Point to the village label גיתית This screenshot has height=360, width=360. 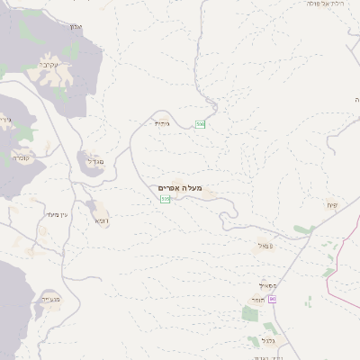[161, 123]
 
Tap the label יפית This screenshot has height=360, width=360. [331, 206]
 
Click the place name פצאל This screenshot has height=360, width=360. [264, 245]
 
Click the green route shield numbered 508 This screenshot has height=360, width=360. [201, 123]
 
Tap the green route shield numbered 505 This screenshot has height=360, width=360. [165, 199]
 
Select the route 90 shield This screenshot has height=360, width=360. [273, 299]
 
